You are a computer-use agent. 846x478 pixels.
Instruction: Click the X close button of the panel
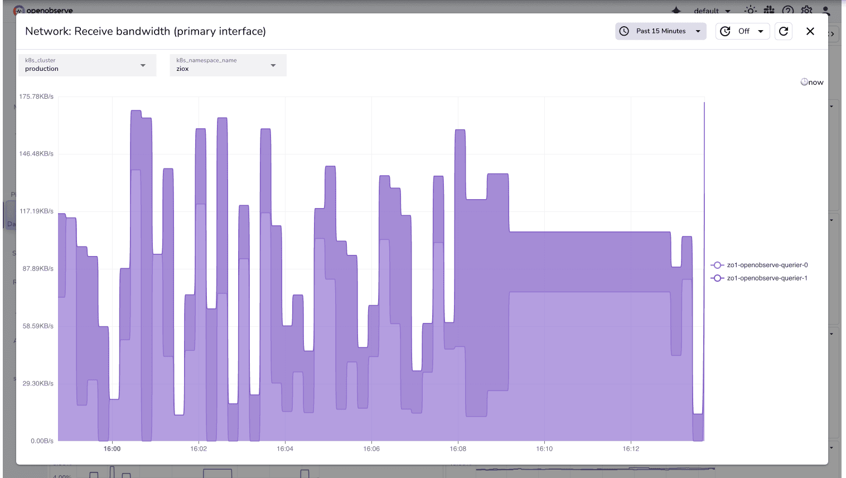click(810, 31)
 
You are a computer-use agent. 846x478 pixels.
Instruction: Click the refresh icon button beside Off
click(784, 31)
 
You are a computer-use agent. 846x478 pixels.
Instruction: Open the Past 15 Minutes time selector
click(661, 31)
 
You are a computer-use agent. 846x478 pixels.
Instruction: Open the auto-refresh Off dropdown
click(743, 31)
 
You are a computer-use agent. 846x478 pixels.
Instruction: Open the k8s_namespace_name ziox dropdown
click(228, 65)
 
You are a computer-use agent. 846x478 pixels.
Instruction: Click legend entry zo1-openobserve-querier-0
click(767, 265)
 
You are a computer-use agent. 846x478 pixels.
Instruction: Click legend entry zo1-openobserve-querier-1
click(767, 278)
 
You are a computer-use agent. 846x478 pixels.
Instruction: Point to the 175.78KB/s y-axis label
click(36, 96)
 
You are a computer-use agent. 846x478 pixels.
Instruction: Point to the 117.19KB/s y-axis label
click(36, 211)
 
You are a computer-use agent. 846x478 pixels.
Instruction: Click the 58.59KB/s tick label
click(38, 326)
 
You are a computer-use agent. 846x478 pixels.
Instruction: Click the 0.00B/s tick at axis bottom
click(42, 441)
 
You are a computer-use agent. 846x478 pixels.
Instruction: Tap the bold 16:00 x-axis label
click(112, 448)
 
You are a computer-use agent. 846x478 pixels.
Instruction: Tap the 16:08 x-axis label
click(458, 448)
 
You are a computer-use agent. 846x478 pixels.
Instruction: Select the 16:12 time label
click(631, 448)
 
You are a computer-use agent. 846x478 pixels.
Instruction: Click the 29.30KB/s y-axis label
click(38, 383)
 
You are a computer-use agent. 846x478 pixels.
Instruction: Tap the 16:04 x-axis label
click(285, 448)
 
